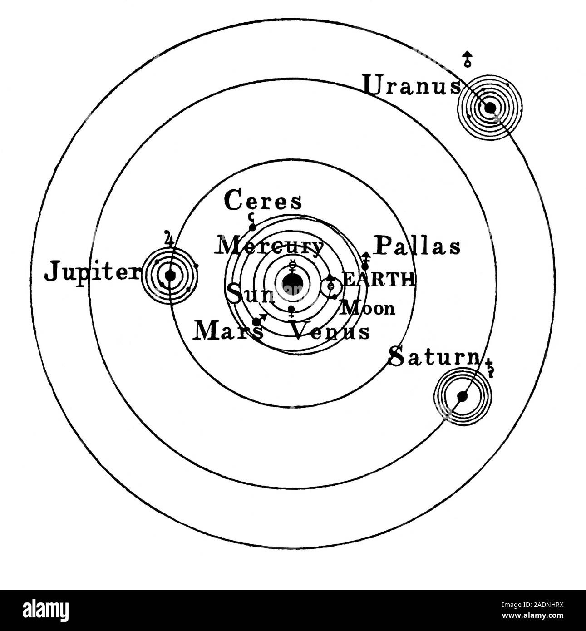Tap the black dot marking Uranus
pos(490,108)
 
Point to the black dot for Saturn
pos(462,396)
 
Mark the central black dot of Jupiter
pos(170,275)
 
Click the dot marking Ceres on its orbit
pos(252,227)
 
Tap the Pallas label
pos(417,246)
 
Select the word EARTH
pos(378,280)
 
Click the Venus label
pos(330,331)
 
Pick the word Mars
pos(228,332)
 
